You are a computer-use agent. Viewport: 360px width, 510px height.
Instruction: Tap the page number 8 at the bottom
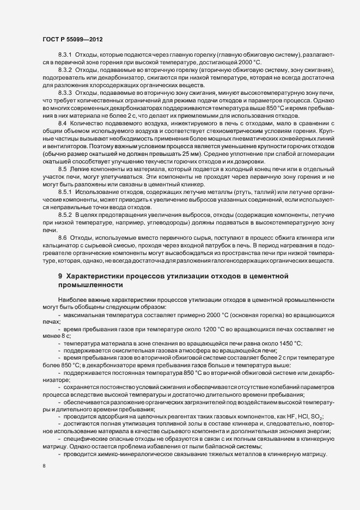point(43,466)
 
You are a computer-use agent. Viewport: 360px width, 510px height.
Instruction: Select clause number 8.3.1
point(64,56)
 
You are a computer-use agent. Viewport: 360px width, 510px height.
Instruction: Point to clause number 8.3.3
point(64,93)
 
